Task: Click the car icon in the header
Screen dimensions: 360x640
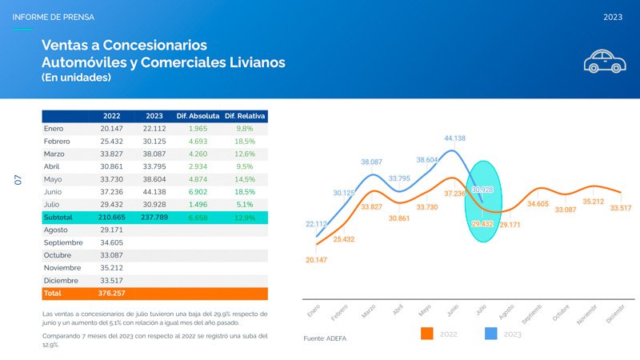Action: (x=604, y=61)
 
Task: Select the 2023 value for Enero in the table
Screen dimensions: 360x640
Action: (x=154, y=128)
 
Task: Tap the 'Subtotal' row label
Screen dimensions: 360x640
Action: (x=58, y=218)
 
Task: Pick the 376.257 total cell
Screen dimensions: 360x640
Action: (x=111, y=294)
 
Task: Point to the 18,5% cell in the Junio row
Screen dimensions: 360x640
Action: (x=245, y=192)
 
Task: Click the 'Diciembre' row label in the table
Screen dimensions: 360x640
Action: (x=62, y=281)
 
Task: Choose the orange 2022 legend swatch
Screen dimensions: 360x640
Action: (x=426, y=334)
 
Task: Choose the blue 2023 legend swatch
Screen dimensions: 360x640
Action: (x=492, y=334)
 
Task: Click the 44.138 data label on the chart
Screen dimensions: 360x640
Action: (x=455, y=138)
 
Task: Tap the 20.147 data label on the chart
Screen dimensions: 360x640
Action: (x=316, y=260)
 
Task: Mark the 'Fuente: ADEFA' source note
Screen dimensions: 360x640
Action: (x=326, y=338)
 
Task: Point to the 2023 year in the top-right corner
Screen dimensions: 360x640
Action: (x=613, y=17)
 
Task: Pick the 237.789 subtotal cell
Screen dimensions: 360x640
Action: (x=154, y=218)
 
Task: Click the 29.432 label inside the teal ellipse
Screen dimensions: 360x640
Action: (x=482, y=224)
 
